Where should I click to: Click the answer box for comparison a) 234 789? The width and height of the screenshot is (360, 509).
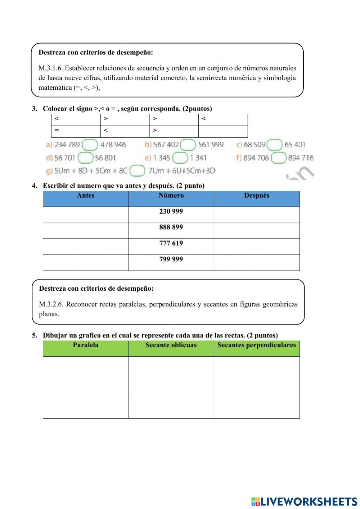point(90,145)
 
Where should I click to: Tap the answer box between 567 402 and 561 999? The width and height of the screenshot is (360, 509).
point(188,145)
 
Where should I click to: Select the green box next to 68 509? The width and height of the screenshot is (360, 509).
point(275,145)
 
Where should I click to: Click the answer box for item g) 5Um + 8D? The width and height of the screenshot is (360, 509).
point(137,171)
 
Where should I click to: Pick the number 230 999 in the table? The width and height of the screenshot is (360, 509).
point(171,211)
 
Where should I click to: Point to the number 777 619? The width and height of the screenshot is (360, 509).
point(171,243)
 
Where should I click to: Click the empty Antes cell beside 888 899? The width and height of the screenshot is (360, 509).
point(86,231)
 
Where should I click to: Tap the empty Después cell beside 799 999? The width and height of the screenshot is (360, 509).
point(257,263)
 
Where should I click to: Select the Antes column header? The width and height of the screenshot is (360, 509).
point(86,196)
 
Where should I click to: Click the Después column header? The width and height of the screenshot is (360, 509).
point(257,196)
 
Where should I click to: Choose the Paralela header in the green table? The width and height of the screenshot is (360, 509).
point(86,345)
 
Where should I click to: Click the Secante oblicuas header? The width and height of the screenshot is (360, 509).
point(171,345)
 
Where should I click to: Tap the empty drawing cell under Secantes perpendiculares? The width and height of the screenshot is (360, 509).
point(257,387)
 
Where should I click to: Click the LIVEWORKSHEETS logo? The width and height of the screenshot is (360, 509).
point(304,501)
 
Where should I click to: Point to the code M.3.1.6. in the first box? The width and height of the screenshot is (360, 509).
point(50,68)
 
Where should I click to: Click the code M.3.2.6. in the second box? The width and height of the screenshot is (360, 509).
point(51,304)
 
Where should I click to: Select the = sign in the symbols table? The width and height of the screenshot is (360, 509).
point(57,130)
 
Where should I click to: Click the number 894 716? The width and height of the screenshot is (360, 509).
point(301,158)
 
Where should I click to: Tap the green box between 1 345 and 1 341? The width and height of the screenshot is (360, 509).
point(180,158)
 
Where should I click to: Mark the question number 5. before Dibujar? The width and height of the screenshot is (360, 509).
point(34,335)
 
